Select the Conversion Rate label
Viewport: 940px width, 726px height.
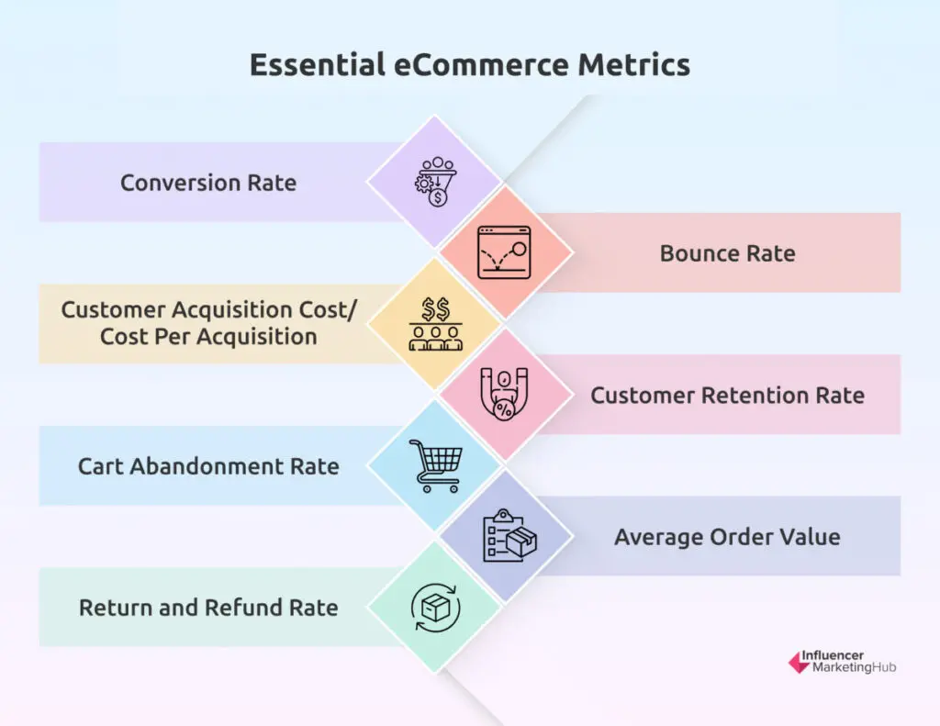(208, 183)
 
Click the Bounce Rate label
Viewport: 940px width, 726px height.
(727, 253)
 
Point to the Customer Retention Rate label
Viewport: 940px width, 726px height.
(727, 396)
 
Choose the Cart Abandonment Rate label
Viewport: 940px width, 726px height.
(208, 466)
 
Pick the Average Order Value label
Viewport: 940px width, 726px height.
(727, 537)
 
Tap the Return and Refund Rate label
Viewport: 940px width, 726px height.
(208, 608)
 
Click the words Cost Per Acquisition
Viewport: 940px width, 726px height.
(208, 337)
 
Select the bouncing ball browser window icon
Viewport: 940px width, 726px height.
(505, 253)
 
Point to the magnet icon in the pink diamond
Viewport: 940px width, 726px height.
(505, 396)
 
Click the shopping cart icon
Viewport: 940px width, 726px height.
(435, 465)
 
